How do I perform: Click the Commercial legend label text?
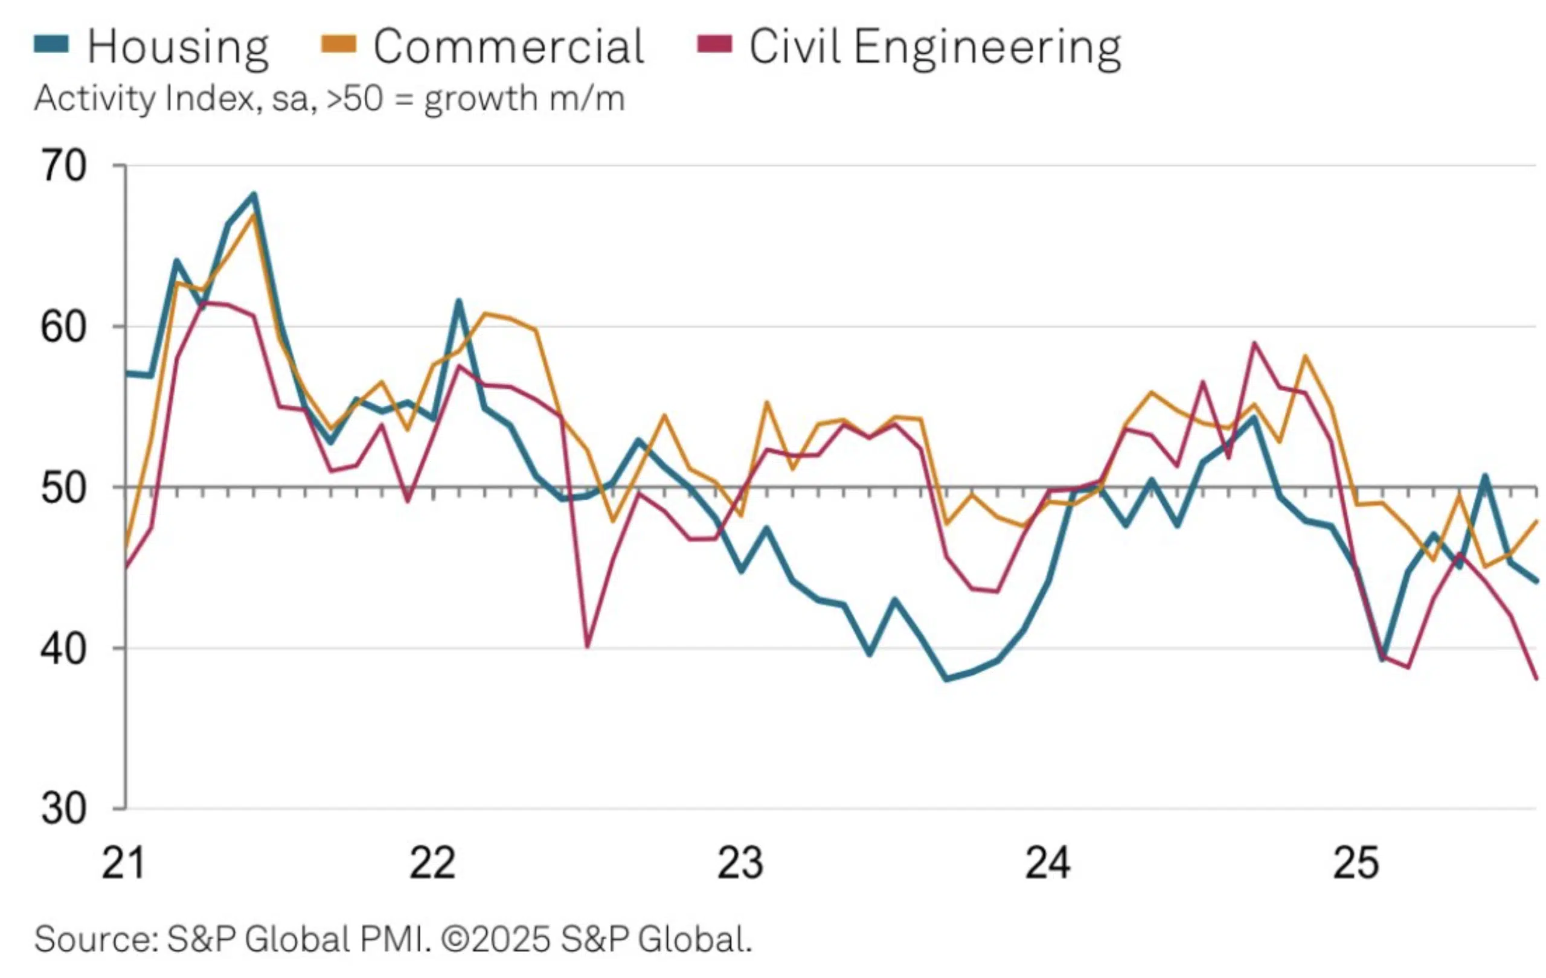[508, 47]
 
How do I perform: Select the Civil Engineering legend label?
[935, 47]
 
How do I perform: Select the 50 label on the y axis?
[63, 488]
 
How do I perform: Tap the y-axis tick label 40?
[63, 649]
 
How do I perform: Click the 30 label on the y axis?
[63, 808]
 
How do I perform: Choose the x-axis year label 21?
[123, 863]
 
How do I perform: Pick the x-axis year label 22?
[432, 863]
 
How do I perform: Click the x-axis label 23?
[740, 863]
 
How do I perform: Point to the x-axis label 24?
[1048, 863]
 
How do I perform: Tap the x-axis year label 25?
[1356, 863]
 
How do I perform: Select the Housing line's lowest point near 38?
[946, 679]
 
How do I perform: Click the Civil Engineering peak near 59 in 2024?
[1254, 343]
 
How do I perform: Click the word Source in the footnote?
[95, 939]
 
